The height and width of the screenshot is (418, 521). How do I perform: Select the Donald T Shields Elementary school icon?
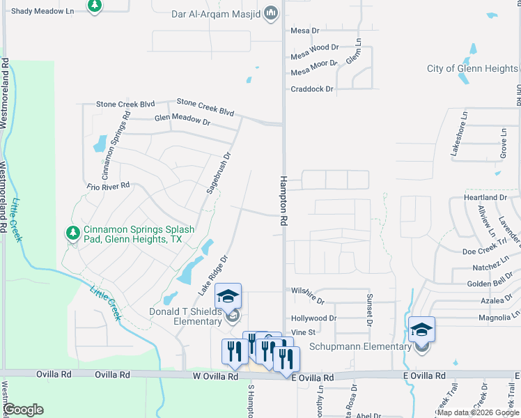228,295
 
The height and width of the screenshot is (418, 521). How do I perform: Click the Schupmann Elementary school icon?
421,329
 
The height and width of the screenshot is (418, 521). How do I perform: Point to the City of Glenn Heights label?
472,68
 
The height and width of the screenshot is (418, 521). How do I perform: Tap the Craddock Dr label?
312,89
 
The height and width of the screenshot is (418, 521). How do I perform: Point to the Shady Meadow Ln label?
42,11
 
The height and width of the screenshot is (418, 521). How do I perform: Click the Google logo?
23,409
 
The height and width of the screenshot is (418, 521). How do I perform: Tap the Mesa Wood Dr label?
314,48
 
